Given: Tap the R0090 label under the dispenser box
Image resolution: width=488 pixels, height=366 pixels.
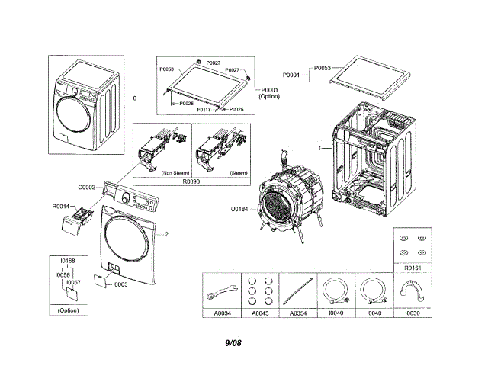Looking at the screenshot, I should [191, 183].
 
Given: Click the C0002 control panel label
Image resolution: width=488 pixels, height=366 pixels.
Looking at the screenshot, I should [86, 187].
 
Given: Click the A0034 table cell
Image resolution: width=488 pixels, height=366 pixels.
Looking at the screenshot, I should [223, 313].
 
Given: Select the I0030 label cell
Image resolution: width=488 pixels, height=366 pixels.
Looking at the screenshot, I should [412, 313].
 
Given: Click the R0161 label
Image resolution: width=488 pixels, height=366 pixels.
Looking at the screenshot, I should [412, 268].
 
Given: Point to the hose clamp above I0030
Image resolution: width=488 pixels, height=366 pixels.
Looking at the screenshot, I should [411, 290].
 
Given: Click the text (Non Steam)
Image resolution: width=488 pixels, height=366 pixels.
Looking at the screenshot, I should [175, 172].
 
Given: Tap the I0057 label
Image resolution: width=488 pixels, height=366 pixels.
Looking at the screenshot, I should [73, 282].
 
